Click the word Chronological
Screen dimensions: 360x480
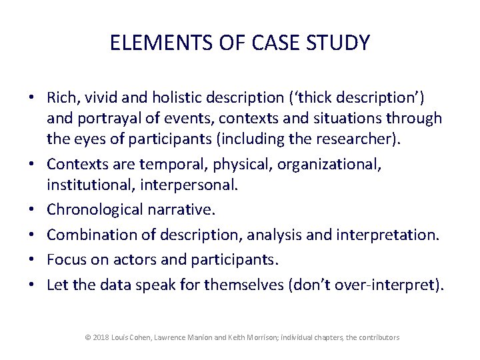click(95, 211)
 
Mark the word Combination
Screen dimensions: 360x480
click(89, 235)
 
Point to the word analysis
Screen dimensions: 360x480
click(255, 235)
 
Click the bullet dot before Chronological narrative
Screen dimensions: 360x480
click(31, 211)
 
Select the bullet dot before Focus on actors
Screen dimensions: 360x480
click(31, 261)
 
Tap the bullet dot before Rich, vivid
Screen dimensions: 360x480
click(31, 98)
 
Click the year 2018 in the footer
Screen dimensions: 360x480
click(101, 338)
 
